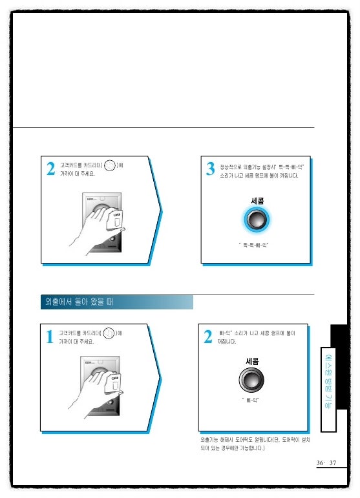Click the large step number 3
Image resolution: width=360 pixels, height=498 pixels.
pos(210,169)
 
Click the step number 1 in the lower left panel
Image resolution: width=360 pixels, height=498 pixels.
pos(50,337)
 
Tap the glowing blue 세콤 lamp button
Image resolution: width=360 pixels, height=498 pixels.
pos(257,220)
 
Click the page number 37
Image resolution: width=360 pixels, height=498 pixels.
pos(334,463)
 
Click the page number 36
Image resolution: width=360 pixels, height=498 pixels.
pos(321,463)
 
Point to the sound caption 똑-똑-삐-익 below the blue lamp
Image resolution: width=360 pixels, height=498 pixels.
pos(257,245)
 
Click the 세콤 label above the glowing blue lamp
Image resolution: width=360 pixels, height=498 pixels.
pos(257,201)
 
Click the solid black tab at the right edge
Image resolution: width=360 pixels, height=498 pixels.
pos(339,336)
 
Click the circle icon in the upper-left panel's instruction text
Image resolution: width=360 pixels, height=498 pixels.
pos(109,167)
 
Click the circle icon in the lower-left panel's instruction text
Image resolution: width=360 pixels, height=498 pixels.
pos(109,334)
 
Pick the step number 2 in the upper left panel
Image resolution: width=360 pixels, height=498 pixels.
pos(50,169)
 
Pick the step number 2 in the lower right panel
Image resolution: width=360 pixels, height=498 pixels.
pos(208,337)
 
